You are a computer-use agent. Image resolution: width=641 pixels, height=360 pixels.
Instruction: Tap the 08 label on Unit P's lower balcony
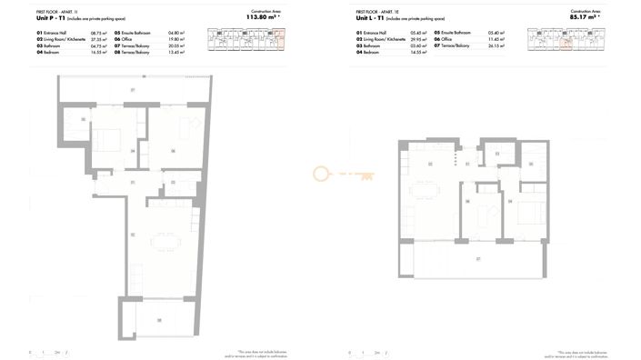tap(158, 319)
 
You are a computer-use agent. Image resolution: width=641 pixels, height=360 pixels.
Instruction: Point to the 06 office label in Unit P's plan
tap(173, 151)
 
